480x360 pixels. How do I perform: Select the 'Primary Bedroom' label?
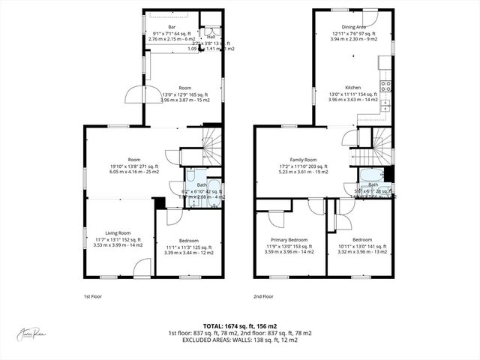[x=286, y=240]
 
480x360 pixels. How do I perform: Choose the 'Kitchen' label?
[x=353, y=87]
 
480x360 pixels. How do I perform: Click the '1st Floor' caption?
[x=92, y=296]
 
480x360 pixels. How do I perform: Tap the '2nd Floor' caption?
[x=263, y=296]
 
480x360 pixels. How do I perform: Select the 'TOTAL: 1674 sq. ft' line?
[x=240, y=325]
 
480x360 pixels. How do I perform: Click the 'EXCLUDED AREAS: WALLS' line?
[x=240, y=340]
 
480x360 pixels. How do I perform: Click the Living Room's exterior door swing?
[x=140, y=268]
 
